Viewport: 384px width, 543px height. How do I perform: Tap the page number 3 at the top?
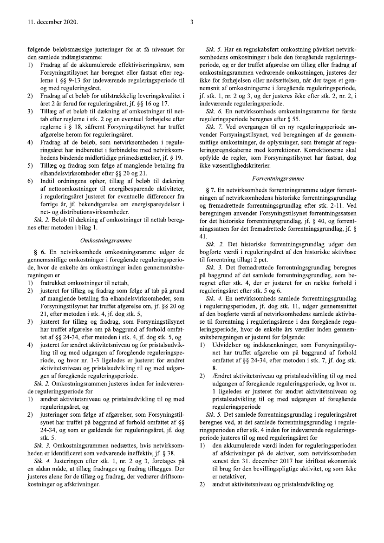click(192, 21)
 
